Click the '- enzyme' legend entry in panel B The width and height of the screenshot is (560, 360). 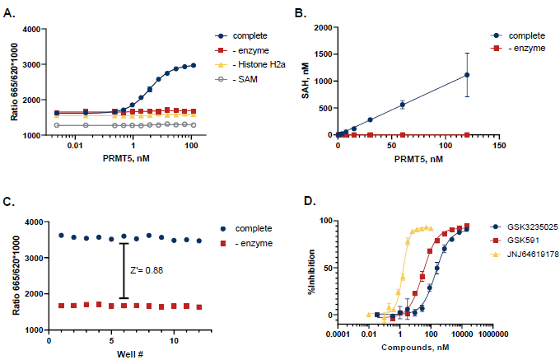[529, 49]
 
